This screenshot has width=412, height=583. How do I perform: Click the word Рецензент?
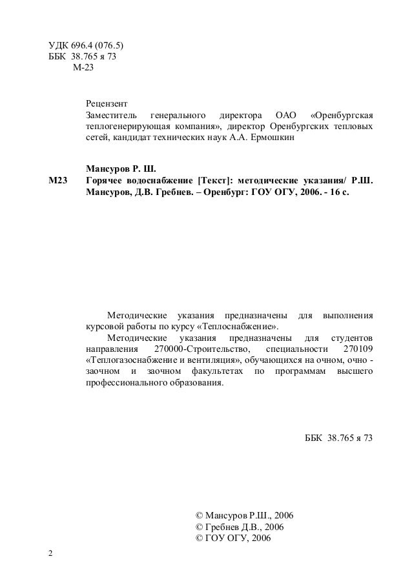click(x=107, y=103)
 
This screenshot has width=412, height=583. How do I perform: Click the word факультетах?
click(x=219, y=373)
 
